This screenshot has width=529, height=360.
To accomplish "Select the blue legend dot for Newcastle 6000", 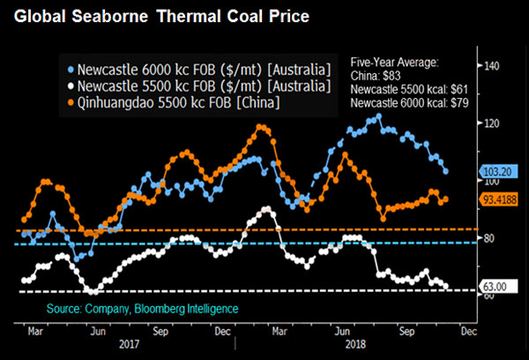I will click(x=71, y=68).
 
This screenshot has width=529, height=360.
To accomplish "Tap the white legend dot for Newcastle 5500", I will click(x=71, y=86).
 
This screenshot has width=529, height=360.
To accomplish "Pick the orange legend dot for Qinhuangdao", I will click(x=71, y=105).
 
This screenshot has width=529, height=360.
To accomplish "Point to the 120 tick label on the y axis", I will click(x=491, y=124).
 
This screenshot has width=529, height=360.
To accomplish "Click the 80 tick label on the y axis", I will click(x=490, y=238).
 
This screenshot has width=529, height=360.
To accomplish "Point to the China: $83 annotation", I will click(x=375, y=76).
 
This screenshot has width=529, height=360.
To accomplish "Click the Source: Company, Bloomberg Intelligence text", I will click(x=143, y=309).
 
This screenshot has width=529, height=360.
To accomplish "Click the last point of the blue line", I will click(x=445, y=171).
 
